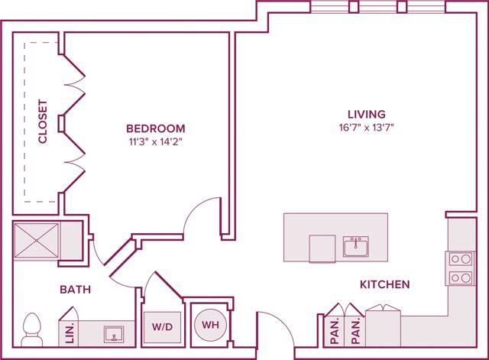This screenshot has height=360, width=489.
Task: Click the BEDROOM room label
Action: coord(155,128)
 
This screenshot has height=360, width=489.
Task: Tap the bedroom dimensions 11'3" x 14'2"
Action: coord(155,141)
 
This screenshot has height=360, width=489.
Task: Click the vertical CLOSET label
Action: coord(43,122)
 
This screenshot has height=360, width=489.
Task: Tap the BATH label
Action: coord(76,290)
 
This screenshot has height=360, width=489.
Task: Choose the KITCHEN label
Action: coord(384,284)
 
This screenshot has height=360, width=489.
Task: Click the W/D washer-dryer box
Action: coord(162,326)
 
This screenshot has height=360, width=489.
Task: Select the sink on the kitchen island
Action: coord(355,247)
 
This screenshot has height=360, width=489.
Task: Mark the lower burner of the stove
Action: coord(460,278)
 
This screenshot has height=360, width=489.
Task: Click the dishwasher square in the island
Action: coord(322,248)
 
